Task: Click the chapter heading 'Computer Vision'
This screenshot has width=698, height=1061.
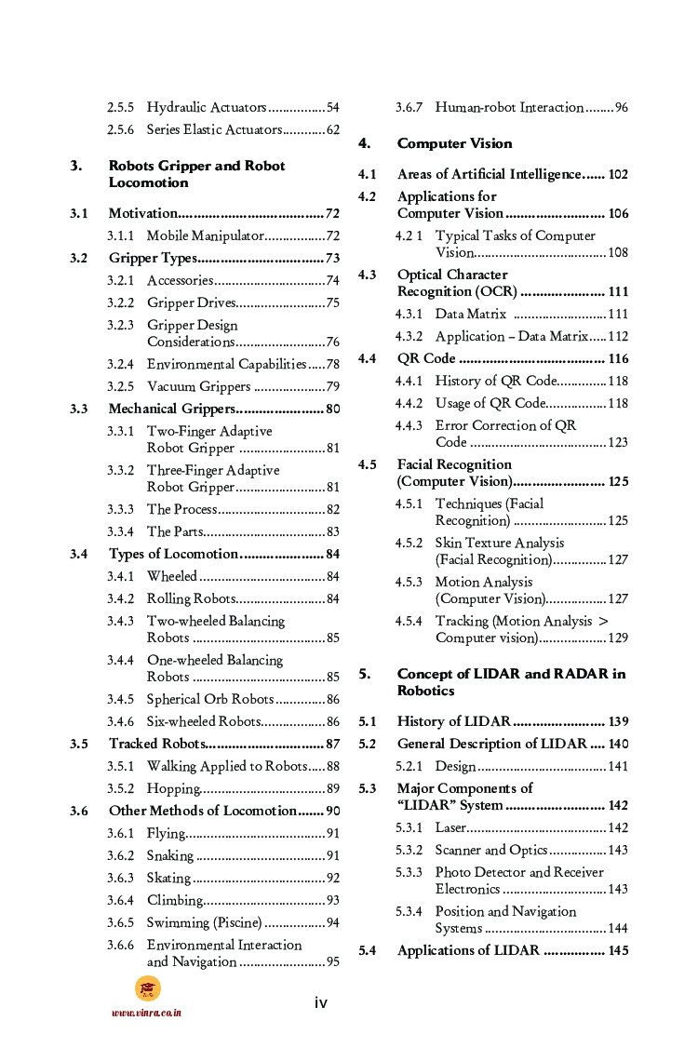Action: (454, 143)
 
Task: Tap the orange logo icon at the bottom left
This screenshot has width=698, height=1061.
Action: (147, 988)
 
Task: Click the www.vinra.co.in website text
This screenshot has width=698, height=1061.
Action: (146, 1013)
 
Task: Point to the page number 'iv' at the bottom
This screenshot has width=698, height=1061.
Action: (320, 1002)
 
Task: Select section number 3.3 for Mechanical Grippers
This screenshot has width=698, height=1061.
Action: (79, 409)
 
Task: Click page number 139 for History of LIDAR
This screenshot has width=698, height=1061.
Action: (618, 721)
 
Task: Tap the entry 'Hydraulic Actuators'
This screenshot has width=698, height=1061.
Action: (207, 107)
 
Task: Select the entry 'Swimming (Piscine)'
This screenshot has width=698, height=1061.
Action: (205, 922)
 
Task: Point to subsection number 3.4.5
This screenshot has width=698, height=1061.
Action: (120, 699)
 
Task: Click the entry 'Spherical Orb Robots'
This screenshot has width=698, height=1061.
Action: (210, 699)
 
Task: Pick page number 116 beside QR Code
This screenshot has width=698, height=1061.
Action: (618, 358)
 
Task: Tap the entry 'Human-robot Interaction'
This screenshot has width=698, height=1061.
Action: (509, 107)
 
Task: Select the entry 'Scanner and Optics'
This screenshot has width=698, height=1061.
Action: (491, 850)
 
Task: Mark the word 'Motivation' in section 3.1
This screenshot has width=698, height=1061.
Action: (142, 213)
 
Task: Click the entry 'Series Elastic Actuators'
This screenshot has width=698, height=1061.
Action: (214, 129)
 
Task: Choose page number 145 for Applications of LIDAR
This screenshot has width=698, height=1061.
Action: (618, 950)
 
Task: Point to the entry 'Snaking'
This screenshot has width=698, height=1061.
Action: (170, 855)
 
